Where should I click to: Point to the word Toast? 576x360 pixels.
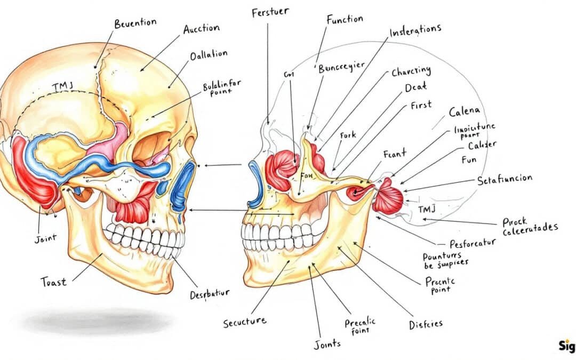pos(54,282)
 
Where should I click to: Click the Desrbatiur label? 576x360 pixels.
pos(210,294)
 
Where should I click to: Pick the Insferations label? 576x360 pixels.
pos(415,30)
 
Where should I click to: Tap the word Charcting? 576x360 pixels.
pos(411,71)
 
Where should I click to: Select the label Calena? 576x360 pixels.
pos(464,112)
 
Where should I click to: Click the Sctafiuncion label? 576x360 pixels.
pos(504,180)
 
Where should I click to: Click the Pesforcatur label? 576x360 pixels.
pos(473,243)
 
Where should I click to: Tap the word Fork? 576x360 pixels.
pos(348,135)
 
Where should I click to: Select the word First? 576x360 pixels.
pos(422,105)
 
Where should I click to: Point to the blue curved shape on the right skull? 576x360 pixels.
pos(255,184)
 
